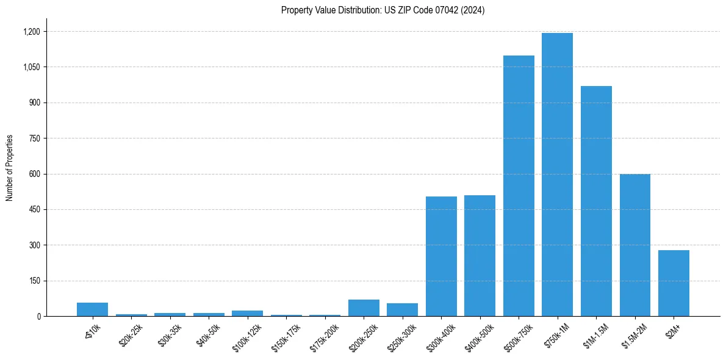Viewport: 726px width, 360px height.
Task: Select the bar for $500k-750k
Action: (519, 186)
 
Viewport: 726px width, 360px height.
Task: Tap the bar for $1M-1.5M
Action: (596, 201)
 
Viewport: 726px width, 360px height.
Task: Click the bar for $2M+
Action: (674, 283)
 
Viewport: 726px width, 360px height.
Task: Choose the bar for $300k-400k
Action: (441, 256)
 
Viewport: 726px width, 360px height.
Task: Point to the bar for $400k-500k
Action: (480, 256)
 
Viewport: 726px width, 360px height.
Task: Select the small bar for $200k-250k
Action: (364, 308)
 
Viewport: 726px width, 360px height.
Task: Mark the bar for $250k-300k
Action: (402, 310)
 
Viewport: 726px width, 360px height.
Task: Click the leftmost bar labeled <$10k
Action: (92, 309)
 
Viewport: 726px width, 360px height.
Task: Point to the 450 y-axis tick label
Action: (35, 210)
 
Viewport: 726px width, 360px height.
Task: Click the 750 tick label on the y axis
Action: (35, 139)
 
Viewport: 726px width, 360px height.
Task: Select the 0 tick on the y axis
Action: (38, 317)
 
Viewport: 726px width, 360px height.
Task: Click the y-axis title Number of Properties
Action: (10, 168)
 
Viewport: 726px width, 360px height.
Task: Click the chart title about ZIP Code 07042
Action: (383, 10)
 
